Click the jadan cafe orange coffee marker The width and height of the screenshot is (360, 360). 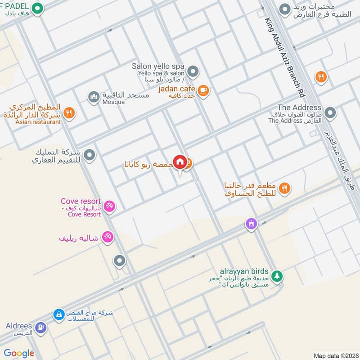click(203, 91)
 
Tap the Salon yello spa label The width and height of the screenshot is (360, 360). click(158, 66)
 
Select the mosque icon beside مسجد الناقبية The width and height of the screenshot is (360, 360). click(94, 97)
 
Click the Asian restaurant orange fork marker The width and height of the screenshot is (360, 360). click(69, 112)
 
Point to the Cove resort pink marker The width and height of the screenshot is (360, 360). click(108, 207)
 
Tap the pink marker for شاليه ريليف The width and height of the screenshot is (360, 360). click(107, 237)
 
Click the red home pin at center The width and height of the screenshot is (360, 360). click(180, 162)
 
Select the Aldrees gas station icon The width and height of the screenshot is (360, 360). click(40, 328)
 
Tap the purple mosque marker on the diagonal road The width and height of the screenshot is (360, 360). click(251, 223)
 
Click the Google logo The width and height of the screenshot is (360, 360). click(19, 353)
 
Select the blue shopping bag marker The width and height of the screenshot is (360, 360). click(58, 315)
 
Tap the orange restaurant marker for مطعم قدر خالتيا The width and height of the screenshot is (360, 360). click(284, 189)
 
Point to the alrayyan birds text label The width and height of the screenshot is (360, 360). click(244, 272)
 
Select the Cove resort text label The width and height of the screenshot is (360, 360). click(81, 202)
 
